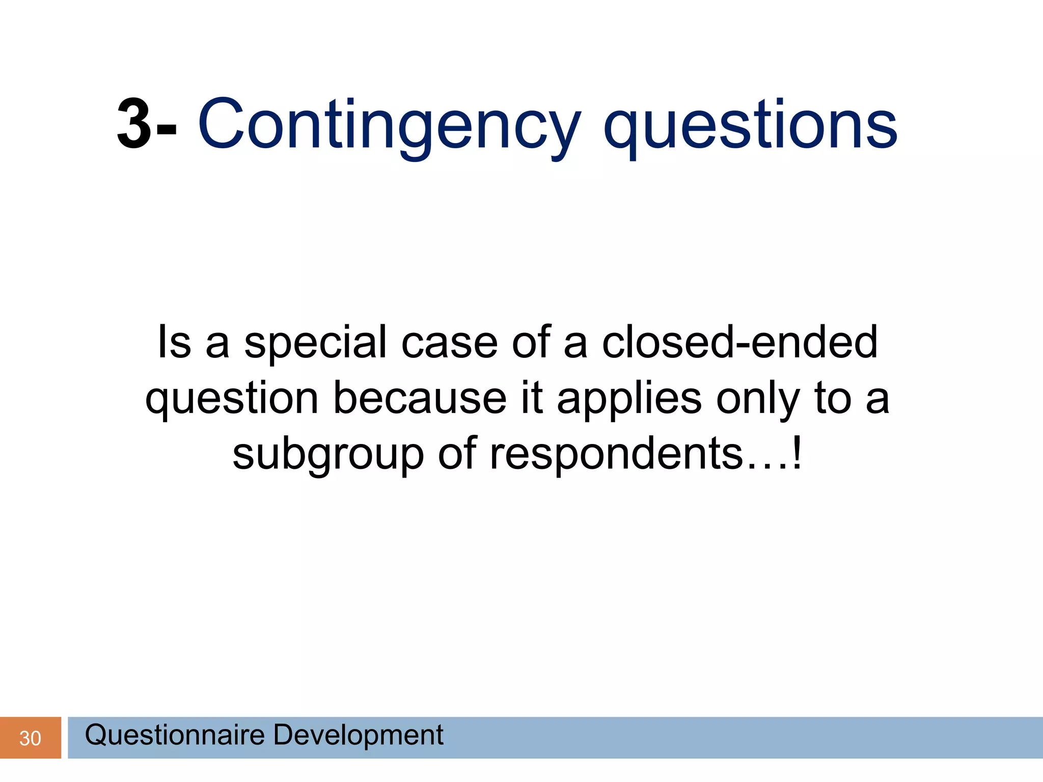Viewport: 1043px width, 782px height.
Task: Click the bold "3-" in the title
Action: tap(147, 125)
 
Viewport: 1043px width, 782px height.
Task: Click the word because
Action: tap(420, 398)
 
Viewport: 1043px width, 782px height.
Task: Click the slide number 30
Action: tap(30, 738)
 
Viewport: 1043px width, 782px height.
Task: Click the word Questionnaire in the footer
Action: tap(175, 735)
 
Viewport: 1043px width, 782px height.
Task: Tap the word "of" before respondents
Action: tap(457, 454)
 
